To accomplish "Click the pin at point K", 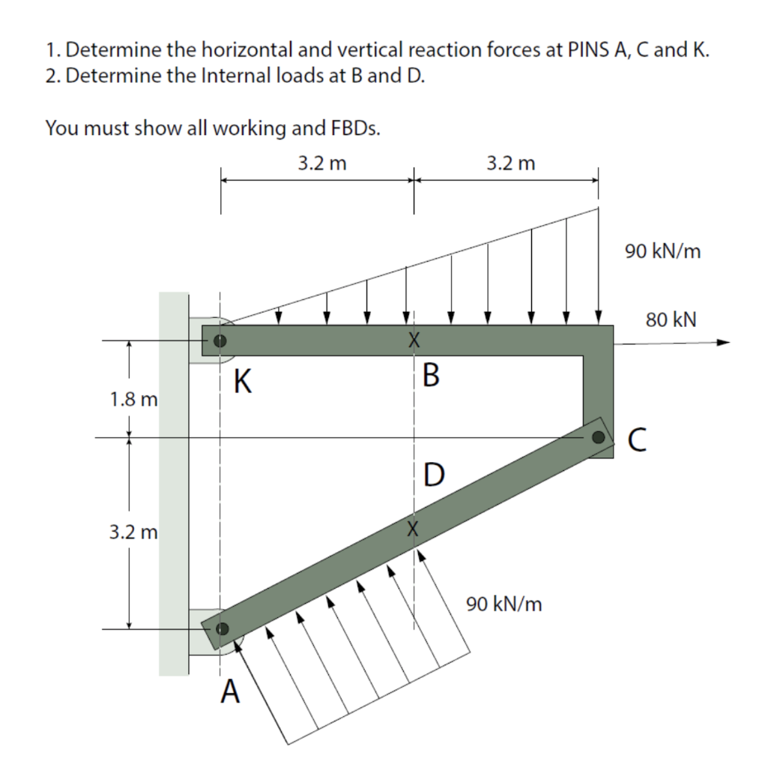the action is [x=219, y=340].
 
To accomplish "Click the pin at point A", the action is [x=220, y=629].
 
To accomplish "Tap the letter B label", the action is [x=431, y=373].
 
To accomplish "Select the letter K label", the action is [x=241, y=382].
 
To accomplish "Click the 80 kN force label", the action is [x=671, y=320].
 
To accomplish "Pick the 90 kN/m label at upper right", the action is [x=663, y=251].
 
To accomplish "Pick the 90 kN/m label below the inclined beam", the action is [x=504, y=603].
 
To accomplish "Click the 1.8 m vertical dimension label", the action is [x=133, y=398].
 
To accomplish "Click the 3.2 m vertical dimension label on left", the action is [x=133, y=533].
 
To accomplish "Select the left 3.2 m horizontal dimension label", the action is [x=322, y=163].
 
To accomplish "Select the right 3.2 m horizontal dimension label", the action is [x=511, y=163].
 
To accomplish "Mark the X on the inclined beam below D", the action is [x=411, y=528].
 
